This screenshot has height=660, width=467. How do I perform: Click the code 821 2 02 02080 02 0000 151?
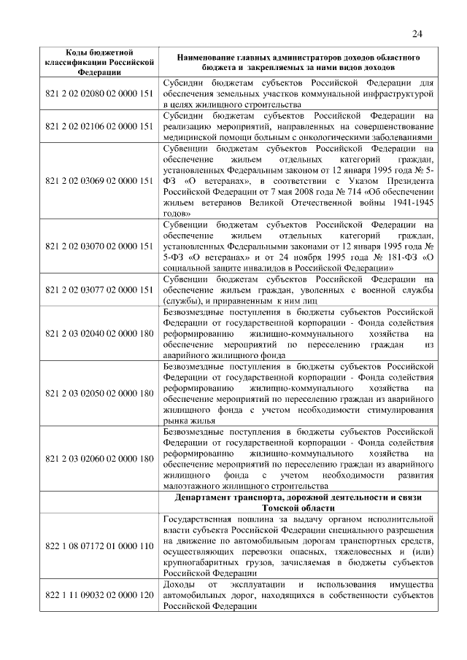point(99,94)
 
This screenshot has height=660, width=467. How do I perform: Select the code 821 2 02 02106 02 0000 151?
point(99,126)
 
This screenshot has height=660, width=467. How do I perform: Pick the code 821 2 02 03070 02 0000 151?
point(99,246)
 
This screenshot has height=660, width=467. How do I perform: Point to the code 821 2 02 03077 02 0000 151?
point(99,290)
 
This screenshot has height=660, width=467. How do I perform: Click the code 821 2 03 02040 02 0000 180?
point(99,333)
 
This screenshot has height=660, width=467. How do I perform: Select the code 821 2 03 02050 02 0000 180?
point(99,394)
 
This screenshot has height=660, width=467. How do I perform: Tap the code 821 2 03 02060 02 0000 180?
point(99,459)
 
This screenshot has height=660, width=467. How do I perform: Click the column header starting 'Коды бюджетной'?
point(99,62)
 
